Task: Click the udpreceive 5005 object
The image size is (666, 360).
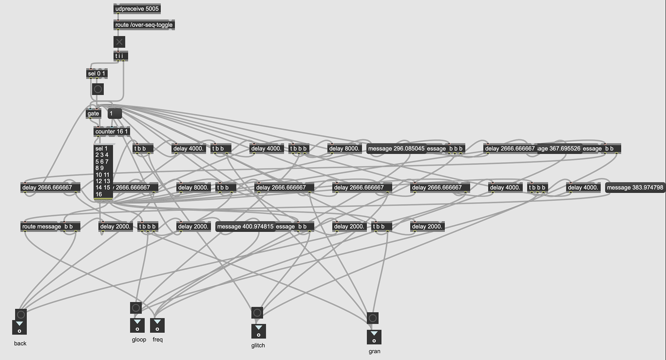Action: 137,9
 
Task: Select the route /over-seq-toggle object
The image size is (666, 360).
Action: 144,25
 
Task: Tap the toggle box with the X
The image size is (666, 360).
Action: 119,42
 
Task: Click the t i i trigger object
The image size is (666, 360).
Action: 120,56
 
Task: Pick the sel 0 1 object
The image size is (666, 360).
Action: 96,74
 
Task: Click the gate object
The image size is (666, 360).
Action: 93,113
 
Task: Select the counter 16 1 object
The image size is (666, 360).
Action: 111,131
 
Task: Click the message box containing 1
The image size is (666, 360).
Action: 115,113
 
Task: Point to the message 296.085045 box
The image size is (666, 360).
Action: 396,148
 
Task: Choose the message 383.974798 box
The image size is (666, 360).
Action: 635,188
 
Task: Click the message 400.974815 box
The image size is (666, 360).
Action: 245,226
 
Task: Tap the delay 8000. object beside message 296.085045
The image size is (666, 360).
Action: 344,148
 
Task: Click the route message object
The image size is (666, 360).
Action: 41,226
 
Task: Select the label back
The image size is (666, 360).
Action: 20,343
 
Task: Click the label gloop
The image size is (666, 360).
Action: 139,340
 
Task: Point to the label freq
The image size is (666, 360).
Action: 157,340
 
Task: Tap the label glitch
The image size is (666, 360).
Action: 258,345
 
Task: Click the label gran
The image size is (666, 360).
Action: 374,351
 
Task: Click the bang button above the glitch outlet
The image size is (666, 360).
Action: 257,313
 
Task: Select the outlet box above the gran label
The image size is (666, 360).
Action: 374,337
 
